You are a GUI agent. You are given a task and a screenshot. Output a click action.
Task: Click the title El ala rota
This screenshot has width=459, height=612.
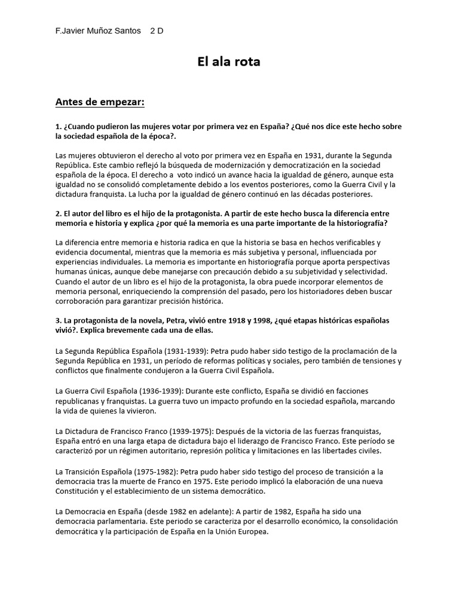[229, 62]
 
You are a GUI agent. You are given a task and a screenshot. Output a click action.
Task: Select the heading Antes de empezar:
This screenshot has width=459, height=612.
[100, 102]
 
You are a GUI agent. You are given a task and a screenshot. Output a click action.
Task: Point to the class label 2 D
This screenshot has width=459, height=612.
[157, 30]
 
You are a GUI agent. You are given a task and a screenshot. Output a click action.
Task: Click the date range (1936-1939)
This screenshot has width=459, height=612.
[157, 390]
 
